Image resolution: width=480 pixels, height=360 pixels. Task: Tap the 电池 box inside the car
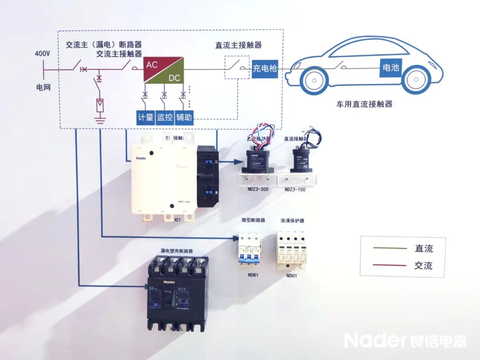(391, 68)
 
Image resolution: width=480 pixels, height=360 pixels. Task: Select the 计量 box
(145, 117)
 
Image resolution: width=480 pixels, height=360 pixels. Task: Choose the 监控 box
(164, 117)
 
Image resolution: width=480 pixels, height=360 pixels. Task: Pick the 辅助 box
(184, 117)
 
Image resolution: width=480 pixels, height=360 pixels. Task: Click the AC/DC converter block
(164, 70)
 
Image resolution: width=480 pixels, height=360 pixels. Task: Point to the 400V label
(42, 54)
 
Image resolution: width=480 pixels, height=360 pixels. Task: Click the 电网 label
(44, 87)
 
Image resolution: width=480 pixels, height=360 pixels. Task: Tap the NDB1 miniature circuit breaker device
(249, 249)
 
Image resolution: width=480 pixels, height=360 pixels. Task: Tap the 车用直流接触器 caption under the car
(364, 104)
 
